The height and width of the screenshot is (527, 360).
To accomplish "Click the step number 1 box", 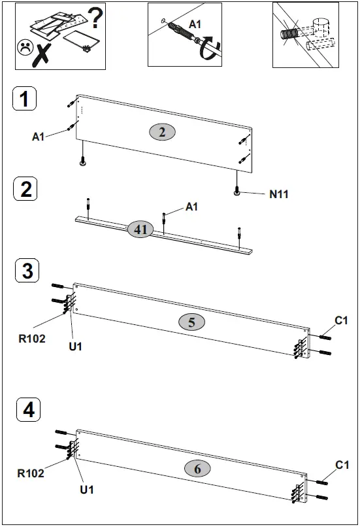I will pyautogui.click(x=24, y=100).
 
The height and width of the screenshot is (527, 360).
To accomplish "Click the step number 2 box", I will pyautogui.click(x=25, y=190).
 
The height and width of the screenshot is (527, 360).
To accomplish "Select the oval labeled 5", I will pyautogui.click(x=191, y=322).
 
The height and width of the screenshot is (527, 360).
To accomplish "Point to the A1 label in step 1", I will pyautogui.click(x=39, y=137).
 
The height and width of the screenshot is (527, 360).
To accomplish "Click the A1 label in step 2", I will pyautogui.click(x=191, y=207).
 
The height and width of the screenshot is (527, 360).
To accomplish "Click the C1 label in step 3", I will pyautogui.click(x=341, y=320).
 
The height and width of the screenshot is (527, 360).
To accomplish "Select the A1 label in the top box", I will pyautogui.click(x=195, y=24).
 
